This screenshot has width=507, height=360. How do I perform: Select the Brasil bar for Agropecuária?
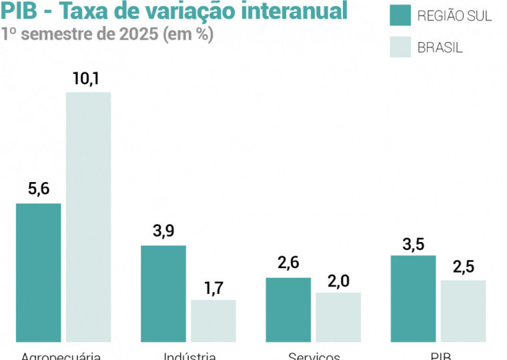(x=88, y=217)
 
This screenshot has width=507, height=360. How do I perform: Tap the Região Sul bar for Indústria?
(x=163, y=293)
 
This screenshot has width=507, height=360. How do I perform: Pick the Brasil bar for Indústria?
(x=213, y=321)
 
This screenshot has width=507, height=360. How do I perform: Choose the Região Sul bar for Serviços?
(x=288, y=309)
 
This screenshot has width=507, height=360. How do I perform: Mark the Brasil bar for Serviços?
(x=338, y=317)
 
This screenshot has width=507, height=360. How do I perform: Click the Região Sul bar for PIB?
(x=413, y=298)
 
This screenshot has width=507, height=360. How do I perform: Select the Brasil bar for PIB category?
(x=463, y=311)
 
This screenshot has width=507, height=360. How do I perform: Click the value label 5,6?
(x=39, y=189)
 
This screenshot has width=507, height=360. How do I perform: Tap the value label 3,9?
(x=163, y=231)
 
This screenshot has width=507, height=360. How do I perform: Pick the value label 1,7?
(x=213, y=288)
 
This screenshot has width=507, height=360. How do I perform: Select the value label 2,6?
(x=288, y=263)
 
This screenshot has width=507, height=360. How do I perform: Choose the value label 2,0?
(x=338, y=280)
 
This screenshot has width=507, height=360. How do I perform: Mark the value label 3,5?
(x=414, y=243)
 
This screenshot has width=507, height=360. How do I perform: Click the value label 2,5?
(x=463, y=267)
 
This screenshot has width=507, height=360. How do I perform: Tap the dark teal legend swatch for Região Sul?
(x=400, y=15)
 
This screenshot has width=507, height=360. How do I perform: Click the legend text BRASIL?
(x=440, y=47)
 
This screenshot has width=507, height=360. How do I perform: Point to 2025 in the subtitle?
(x=139, y=34)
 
